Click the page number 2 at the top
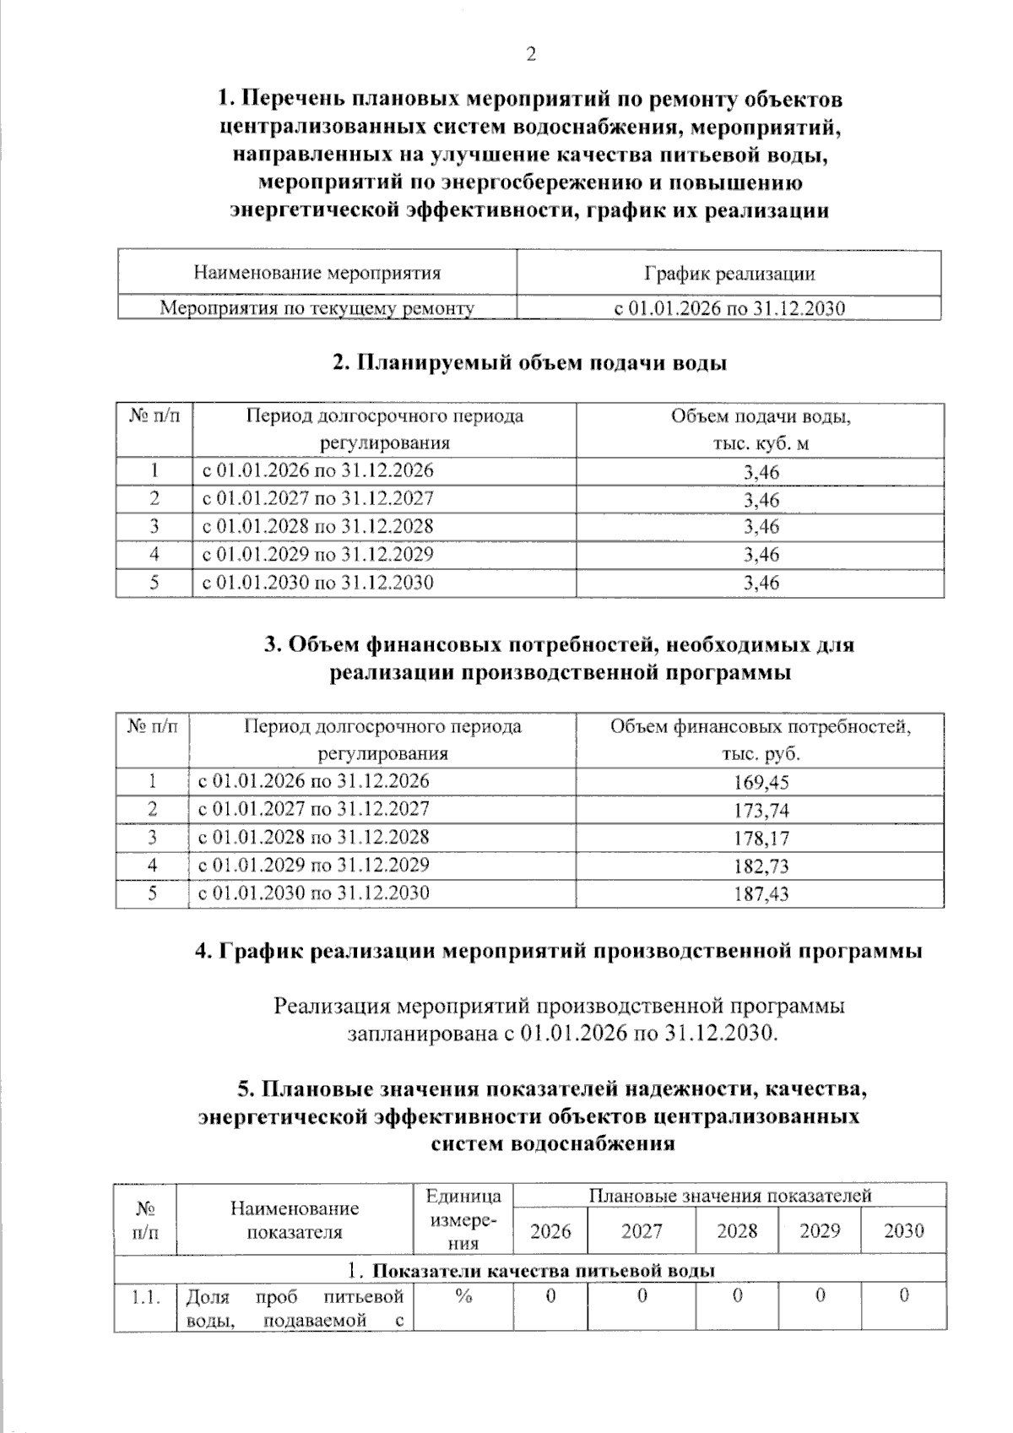click(x=531, y=55)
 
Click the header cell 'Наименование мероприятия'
click(x=317, y=273)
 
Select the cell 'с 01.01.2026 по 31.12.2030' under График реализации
click(x=729, y=308)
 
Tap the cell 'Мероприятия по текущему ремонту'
click(x=317, y=308)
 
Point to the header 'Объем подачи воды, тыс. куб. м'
click(x=761, y=429)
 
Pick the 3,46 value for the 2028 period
click(x=761, y=527)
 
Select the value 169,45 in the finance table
click(x=761, y=782)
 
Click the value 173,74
click(x=761, y=810)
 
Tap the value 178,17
click(x=761, y=838)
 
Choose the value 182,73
click(x=761, y=866)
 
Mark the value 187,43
click(x=761, y=893)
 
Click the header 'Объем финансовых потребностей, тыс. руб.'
click(x=761, y=740)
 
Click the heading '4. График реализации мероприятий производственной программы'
click(x=558, y=951)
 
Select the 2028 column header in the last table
click(x=737, y=1230)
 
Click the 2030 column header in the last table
click(x=903, y=1230)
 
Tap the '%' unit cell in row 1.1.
click(x=463, y=1296)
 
